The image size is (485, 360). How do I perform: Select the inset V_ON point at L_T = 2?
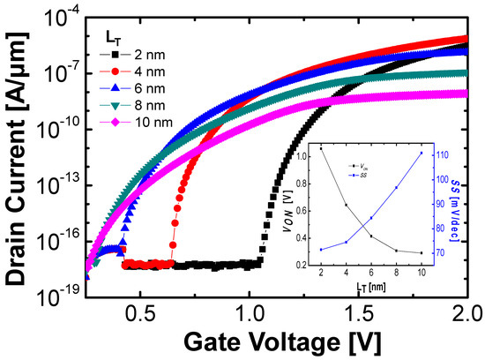tap(320, 148)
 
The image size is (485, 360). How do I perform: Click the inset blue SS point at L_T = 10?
tap(422, 153)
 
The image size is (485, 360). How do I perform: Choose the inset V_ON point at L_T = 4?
tap(346, 205)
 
